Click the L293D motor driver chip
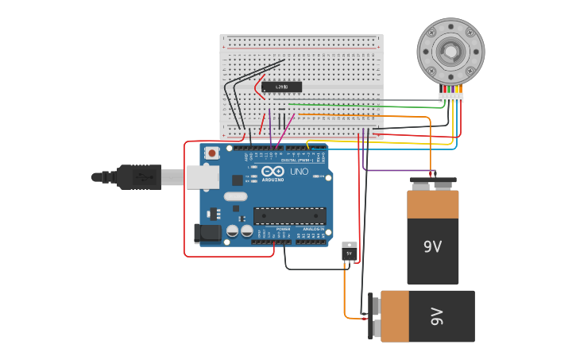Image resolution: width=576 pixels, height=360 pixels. (283, 86)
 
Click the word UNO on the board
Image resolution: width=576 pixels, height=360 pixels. (299, 172)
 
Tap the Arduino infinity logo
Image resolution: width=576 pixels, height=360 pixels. (273, 171)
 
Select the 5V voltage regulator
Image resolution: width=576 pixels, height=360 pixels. (349, 252)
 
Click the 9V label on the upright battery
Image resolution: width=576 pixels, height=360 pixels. (432, 247)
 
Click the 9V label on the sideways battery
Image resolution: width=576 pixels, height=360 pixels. (435, 315)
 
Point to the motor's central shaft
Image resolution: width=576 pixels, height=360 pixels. (450, 52)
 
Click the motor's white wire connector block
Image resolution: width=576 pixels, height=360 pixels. (450, 98)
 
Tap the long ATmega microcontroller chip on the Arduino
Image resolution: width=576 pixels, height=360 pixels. (289, 215)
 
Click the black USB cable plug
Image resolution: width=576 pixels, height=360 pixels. (139, 176)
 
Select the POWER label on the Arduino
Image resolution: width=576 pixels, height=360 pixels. (283, 229)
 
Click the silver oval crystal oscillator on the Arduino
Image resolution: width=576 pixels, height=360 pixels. (235, 195)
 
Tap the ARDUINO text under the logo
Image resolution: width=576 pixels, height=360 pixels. (272, 180)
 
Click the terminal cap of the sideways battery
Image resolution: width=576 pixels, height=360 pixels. (373, 316)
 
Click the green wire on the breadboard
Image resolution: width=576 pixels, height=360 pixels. (358, 105)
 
